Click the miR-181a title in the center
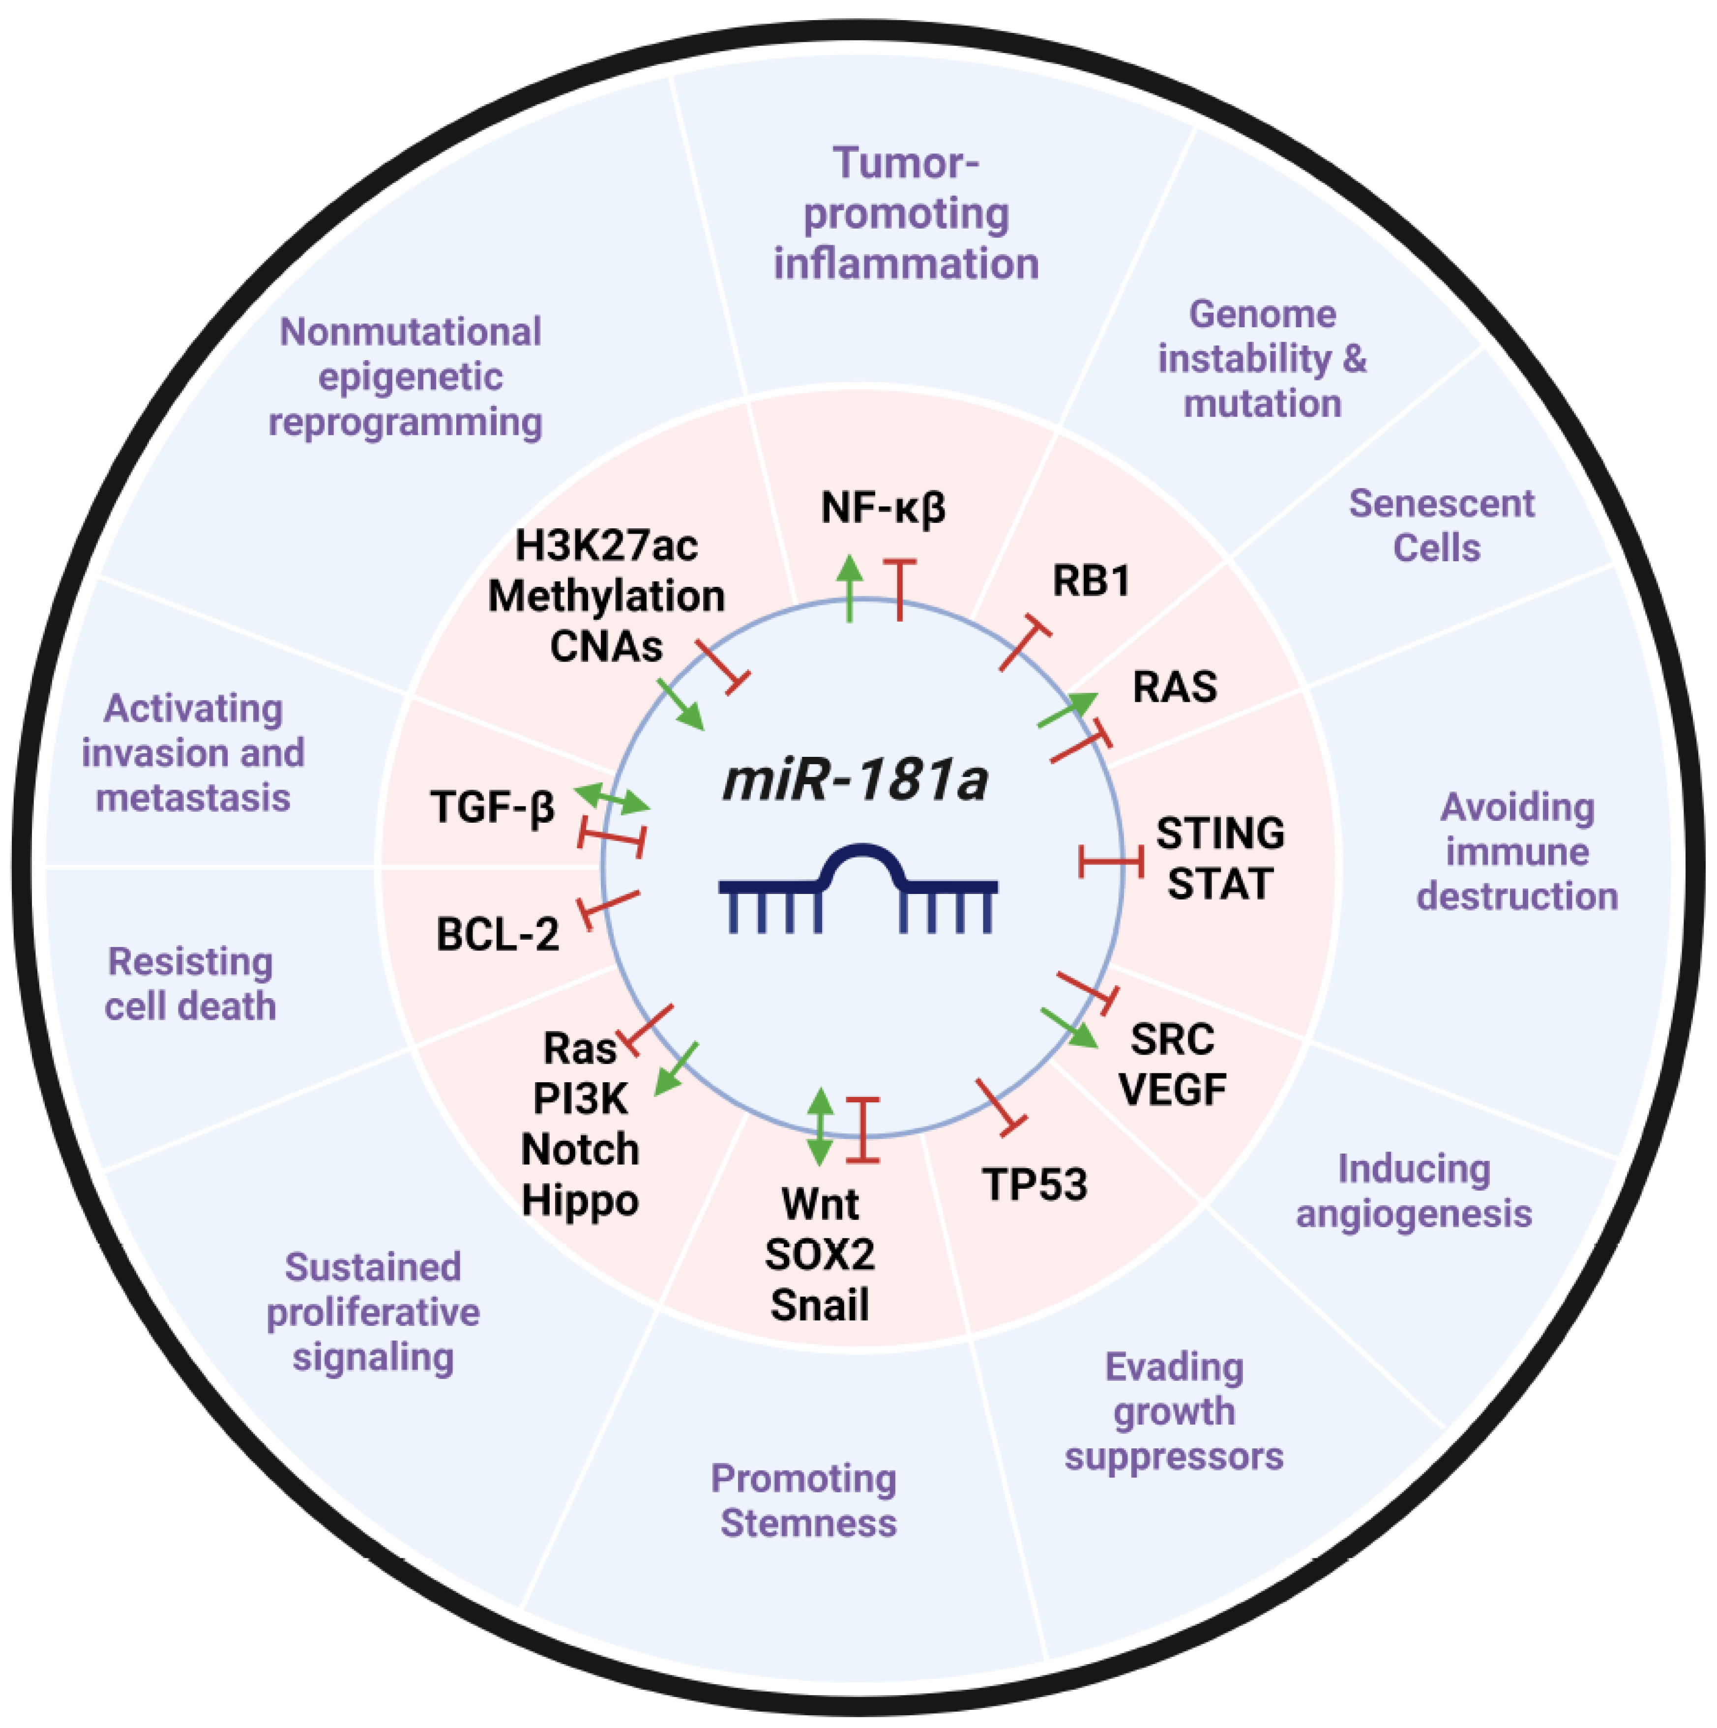(x=855, y=781)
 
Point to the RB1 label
(x=1091, y=581)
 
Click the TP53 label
(x=1035, y=1185)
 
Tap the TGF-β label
(x=493, y=807)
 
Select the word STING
(x=1220, y=834)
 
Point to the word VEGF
(x=1172, y=1090)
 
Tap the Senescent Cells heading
(x=1441, y=526)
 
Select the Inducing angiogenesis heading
(x=1414, y=1191)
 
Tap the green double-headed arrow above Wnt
(x=820, y=1127)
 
